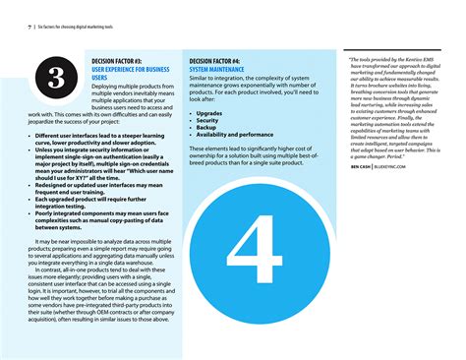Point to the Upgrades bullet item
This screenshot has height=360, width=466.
(209, 113)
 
